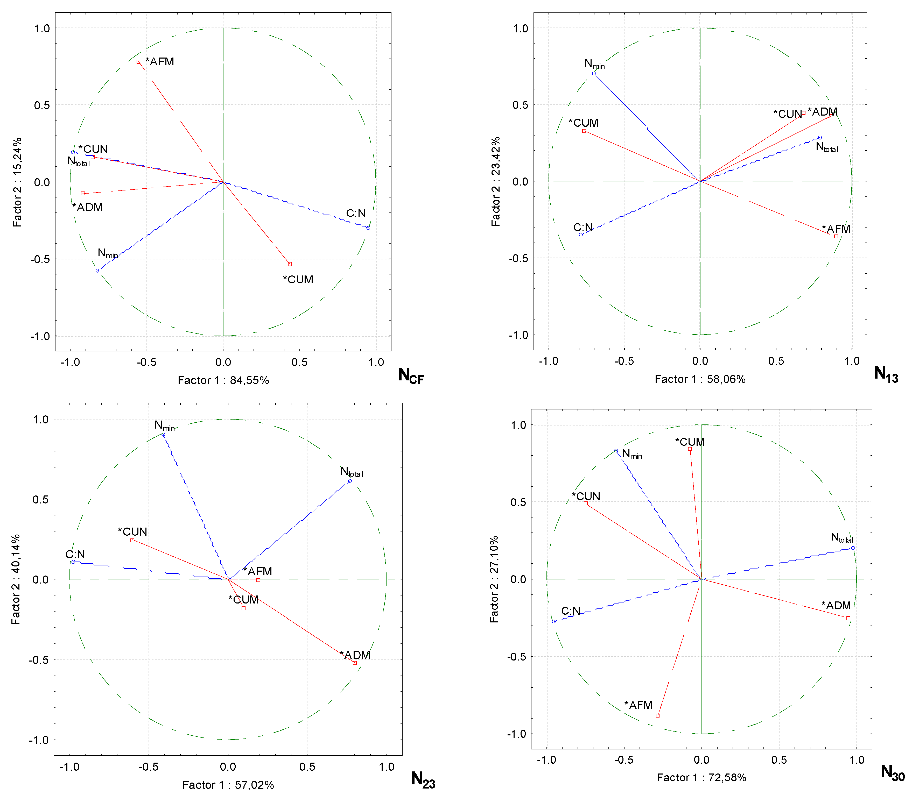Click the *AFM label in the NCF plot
point(160,62)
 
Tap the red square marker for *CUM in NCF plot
point(290,264)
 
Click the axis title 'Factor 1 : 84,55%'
point(223,380)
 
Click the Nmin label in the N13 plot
point(594,64)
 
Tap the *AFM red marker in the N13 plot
point(836,237)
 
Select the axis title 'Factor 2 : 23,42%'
point(496,181)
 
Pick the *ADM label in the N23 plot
point(355,655)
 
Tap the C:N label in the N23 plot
point(75,554)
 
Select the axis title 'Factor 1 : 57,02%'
point(228,785)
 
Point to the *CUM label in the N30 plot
point(690,442)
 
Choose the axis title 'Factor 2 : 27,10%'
point(494,579)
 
